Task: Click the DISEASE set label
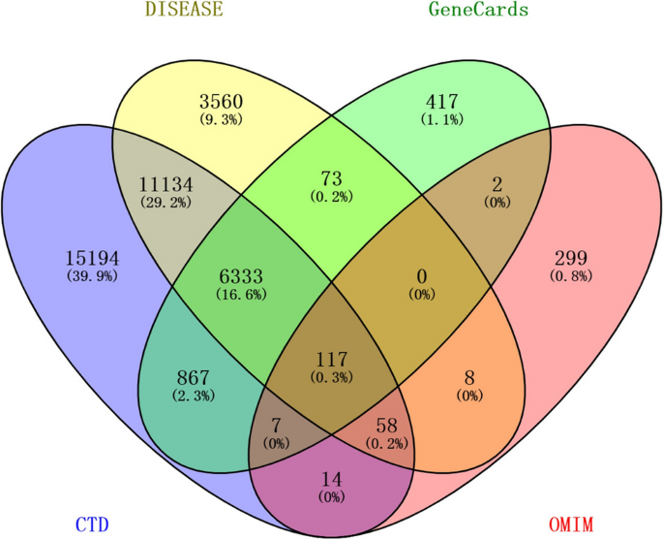(x=183, y=11)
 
